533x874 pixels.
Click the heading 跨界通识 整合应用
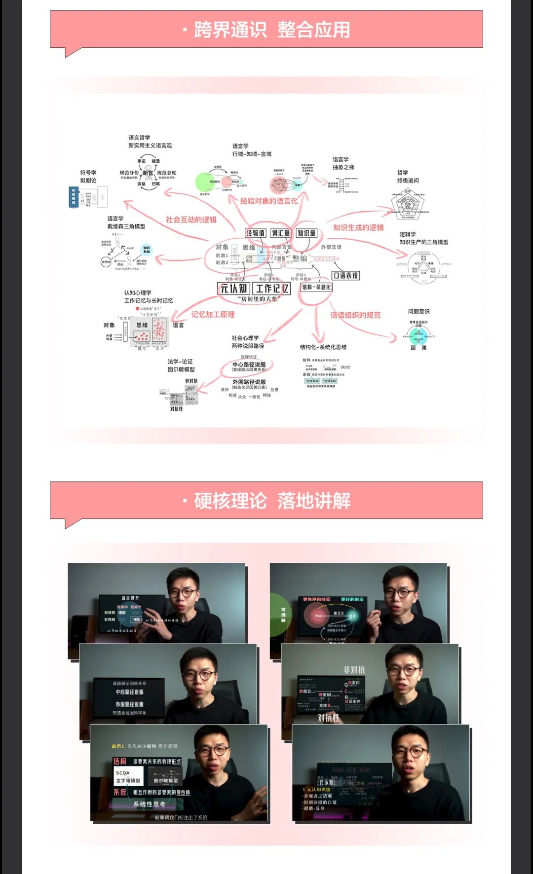tap(272, 30)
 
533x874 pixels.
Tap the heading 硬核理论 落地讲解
tap(272, 501)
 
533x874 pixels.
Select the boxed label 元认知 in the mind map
tap(233, 289)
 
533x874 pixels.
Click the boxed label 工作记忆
tap(272, 289)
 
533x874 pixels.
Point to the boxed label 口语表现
tap(345, 276)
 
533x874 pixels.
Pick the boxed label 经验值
tap(256, 233)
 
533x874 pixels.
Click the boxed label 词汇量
tap(281, 233)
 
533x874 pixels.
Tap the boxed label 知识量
tap(306, 233)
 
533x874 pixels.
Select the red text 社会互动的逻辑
tap(191, 219)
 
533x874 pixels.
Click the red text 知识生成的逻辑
tap(358, 227)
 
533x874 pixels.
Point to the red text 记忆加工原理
tap(213, 314)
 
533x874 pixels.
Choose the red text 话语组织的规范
tap(355, 315)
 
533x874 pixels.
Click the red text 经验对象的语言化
tap(269, 201)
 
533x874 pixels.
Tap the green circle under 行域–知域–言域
tap(205, 182)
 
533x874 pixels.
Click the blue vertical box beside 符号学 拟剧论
tap(74, 197)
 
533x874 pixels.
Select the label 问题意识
tap(419, 311)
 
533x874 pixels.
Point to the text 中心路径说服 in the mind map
tap(249, 364)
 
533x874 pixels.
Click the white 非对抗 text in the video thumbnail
tap(354, 670)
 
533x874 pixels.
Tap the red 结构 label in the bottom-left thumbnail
tap(119, 761)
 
